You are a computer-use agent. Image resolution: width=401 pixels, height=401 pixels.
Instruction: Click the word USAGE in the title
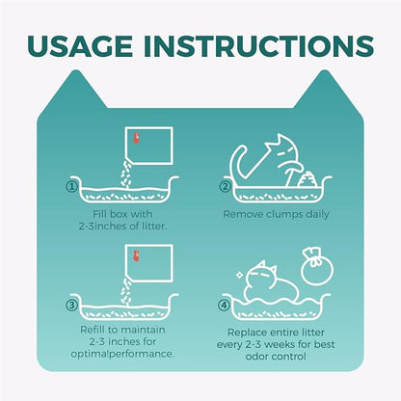(80, 46)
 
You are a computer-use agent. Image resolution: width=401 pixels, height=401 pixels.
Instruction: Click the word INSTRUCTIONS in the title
(258, 46)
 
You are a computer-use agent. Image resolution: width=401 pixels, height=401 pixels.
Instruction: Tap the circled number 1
(72, 186)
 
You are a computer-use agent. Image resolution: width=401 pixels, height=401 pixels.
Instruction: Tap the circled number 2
(226, 186)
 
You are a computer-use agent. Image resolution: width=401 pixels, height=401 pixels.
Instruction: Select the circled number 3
(72, 305)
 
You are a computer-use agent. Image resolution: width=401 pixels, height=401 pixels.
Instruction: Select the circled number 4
(224, 305)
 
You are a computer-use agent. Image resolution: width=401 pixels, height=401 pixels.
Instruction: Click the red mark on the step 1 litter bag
(137, 138)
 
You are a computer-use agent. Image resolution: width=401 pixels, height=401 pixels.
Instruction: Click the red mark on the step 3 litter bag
(137, 255)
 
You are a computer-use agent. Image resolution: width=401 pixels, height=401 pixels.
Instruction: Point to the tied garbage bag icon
(317, 266)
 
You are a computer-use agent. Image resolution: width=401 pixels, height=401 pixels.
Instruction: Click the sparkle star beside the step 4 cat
(239, 275)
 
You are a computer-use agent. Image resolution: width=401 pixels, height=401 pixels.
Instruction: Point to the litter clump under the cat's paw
(307, 179)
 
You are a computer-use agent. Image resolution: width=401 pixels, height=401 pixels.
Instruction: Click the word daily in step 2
(317, 215)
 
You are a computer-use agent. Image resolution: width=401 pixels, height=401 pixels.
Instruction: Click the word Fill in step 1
(100, 214)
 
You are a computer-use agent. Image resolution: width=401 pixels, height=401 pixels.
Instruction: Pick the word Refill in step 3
(94, 330)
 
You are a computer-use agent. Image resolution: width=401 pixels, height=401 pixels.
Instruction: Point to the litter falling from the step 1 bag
(127, 175)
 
